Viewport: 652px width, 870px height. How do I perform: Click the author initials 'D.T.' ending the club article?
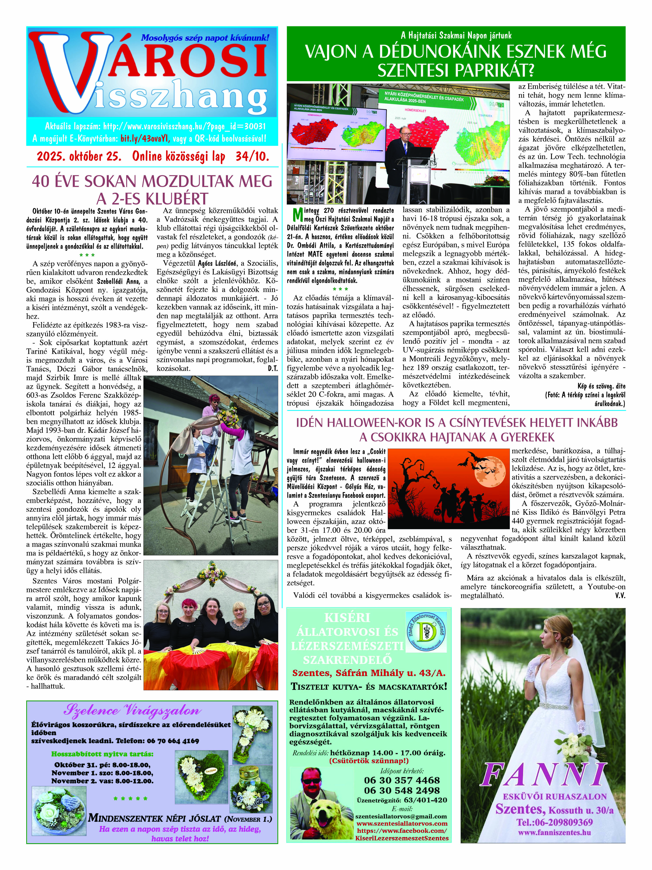click(272, 368)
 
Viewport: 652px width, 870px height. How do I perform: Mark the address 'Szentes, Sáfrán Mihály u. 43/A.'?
click(369, 673)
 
